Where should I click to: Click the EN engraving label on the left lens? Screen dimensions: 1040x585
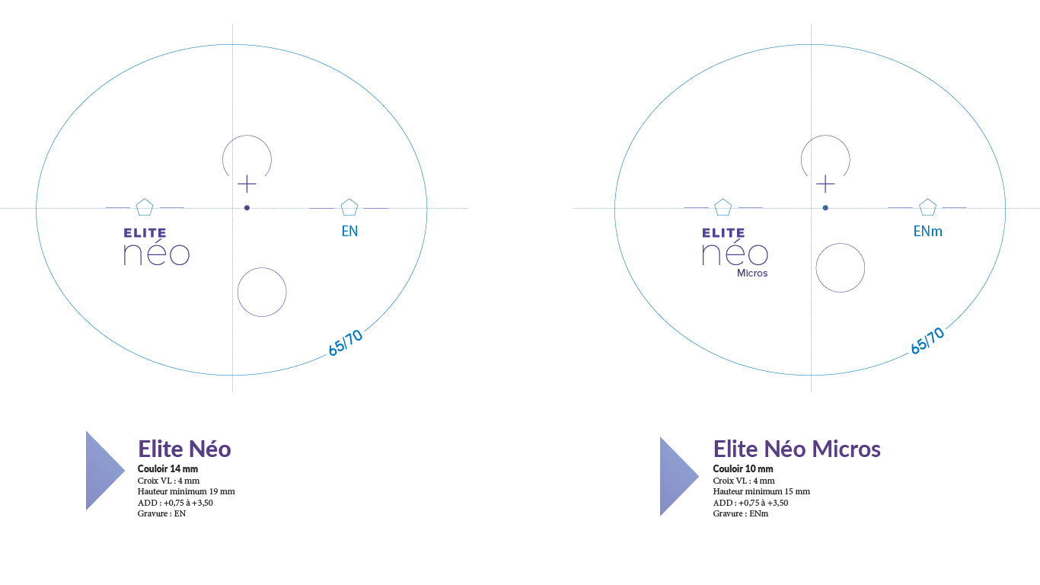(349, 232)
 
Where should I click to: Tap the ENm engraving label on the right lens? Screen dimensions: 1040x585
(927, 232)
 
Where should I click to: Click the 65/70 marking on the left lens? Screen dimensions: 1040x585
(346, 343)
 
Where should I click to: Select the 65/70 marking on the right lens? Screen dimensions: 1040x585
(927, 341)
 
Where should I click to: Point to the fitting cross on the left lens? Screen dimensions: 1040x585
(247, 184)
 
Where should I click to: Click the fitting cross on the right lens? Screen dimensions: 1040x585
(825, 184)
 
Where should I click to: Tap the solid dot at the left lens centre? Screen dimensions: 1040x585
(247, 208)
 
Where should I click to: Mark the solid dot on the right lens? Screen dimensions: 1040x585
(825, 208)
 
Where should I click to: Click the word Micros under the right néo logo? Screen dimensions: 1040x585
(752, 273)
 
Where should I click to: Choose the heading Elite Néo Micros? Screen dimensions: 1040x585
(796, 449)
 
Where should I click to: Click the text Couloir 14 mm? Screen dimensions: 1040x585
(167, 468)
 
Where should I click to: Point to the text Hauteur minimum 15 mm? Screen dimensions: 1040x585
(761, 491)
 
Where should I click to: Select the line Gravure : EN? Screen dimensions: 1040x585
(161, 513)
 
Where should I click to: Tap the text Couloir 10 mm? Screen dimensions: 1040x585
(743, 468)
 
